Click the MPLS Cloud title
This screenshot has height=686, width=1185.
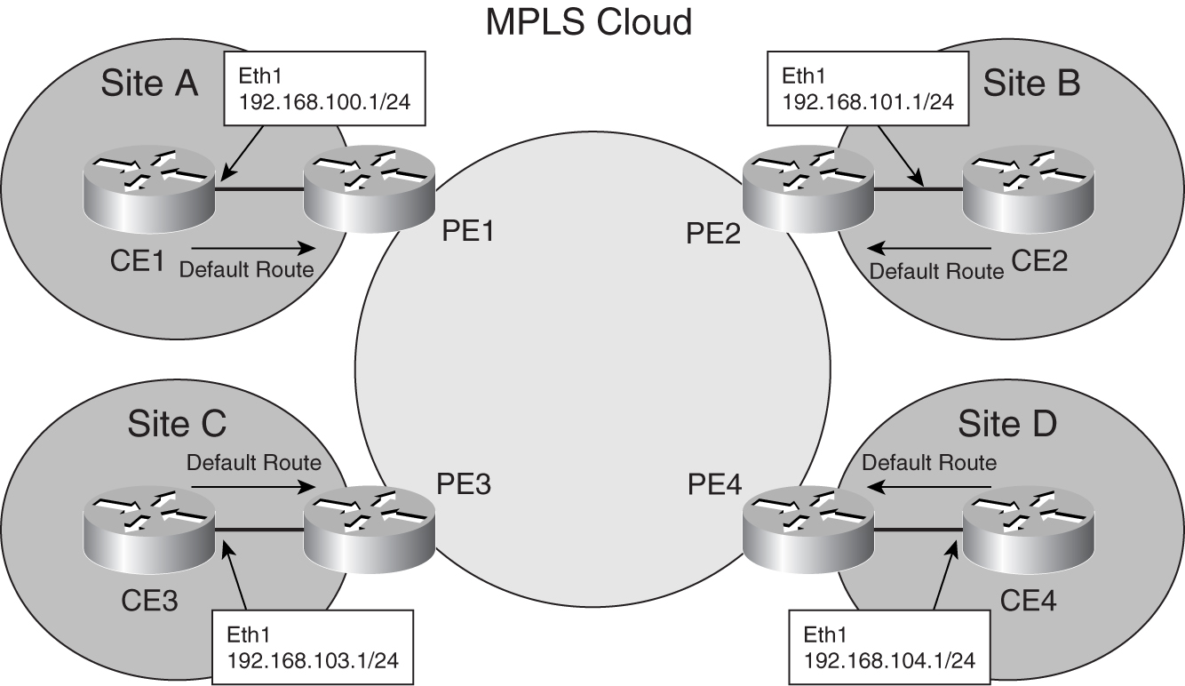588,22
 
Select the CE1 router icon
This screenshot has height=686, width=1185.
147,188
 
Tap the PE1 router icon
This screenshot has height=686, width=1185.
368,188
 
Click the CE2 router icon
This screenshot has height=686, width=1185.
1029,188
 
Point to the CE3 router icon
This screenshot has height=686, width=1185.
147,530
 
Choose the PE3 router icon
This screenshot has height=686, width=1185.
368,530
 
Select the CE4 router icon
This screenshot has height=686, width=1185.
1029,530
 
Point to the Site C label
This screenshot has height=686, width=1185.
177,424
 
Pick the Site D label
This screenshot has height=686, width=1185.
1006,424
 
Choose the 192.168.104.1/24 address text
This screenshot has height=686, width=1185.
889,659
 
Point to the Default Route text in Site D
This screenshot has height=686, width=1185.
929,462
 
